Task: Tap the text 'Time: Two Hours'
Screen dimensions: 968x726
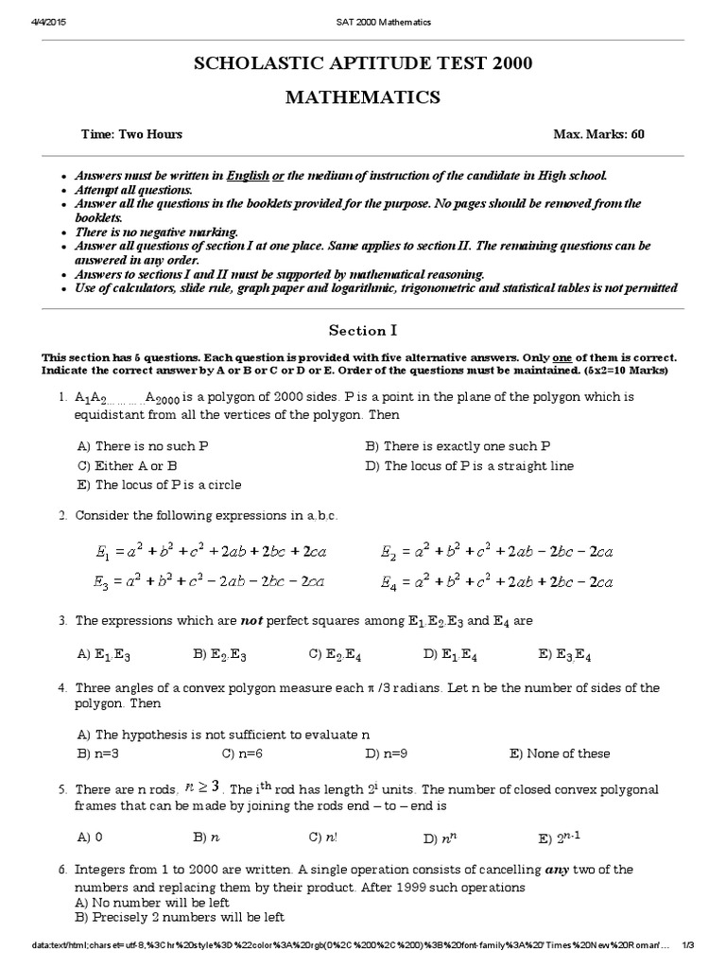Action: pos(131,135)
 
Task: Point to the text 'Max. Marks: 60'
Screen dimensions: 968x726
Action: pos(598,135)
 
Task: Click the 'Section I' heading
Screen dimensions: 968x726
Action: pos(362,330)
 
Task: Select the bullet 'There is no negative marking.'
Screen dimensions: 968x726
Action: pos(155,232)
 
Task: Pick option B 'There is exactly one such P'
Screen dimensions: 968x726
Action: pos(458,446)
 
